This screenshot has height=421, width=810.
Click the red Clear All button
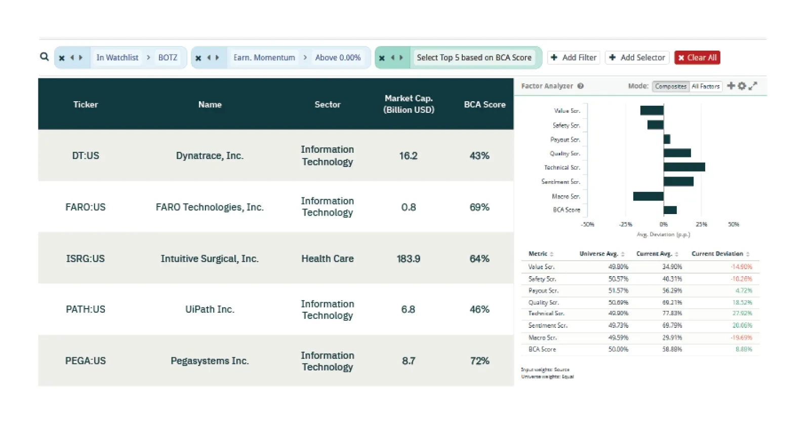[697, 58]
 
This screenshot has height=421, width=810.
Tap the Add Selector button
[637, 58]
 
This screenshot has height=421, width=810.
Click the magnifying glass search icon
[45, 57]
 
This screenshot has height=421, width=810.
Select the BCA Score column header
[484, 104]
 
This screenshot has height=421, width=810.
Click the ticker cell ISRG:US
[86, 259]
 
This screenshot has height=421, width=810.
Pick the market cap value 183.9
[409, 259]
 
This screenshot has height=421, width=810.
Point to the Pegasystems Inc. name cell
[210, 361]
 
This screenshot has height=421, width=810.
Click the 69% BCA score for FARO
[479, 207]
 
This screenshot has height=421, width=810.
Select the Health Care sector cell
[328, 259]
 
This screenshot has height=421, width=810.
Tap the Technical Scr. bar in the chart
[684, 167]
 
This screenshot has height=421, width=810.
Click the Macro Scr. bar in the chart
[649, 196]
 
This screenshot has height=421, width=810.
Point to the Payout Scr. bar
[667, 139]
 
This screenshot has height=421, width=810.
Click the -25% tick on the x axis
[626, 224]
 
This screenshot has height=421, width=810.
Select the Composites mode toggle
[670, 87]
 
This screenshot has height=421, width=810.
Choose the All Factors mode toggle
[706, 87]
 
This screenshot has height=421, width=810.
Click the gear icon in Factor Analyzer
[742, 86]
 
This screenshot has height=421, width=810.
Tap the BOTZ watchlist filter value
[168, 58]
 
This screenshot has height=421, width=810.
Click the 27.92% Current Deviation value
[742, 313]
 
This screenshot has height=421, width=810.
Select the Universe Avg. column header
[599, 254]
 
